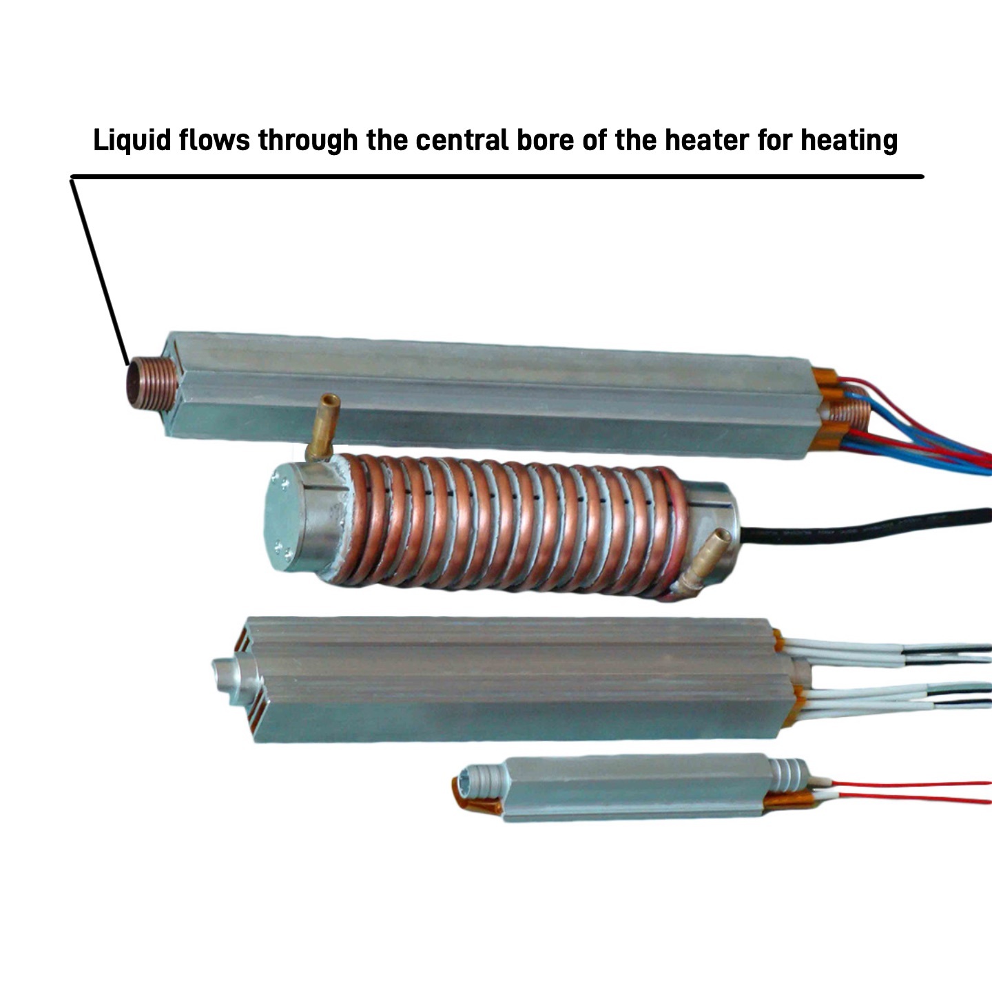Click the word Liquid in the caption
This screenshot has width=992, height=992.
click(132, 140)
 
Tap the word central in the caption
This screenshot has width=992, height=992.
click(462, 140)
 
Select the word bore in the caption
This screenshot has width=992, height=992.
click(545, 140)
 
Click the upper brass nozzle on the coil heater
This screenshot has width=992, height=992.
click(323, 426)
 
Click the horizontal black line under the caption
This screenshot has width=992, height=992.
click(497, 176)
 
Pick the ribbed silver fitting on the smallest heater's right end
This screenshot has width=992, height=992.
click(787, 777)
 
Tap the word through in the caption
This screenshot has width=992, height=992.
click(308, 140)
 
